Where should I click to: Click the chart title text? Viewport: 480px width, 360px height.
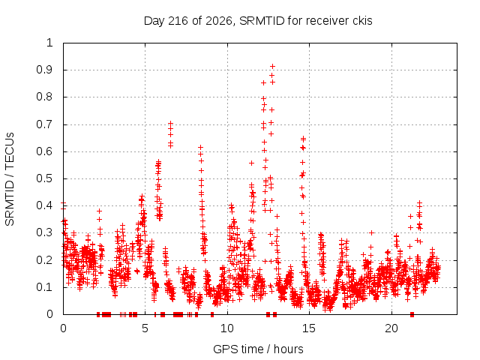258,21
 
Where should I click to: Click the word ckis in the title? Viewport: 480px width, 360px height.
362,21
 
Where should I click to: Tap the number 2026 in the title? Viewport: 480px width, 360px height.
218,21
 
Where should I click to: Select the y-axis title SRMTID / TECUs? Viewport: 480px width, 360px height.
10,179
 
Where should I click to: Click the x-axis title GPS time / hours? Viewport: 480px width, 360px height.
258,349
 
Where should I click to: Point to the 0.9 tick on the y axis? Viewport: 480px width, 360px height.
45,70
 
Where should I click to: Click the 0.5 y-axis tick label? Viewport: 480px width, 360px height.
45,178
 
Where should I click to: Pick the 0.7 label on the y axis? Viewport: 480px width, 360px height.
45,124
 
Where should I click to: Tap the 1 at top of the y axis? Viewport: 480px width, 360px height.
49,43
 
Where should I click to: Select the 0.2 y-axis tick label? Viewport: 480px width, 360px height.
45,260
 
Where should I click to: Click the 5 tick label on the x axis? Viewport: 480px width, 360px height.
145,328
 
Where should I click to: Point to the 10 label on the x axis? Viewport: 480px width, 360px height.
227,328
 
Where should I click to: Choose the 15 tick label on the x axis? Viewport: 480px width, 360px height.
309,328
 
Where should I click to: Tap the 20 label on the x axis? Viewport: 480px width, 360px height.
391,328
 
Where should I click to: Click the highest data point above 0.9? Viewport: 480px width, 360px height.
272,67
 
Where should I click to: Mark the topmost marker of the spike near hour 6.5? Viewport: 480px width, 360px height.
170,123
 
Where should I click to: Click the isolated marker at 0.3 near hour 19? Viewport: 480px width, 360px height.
372,233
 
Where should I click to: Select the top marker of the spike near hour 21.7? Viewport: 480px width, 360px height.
420,202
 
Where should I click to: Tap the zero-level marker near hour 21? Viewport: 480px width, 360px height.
412,314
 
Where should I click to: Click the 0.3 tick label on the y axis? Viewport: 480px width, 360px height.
45,232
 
